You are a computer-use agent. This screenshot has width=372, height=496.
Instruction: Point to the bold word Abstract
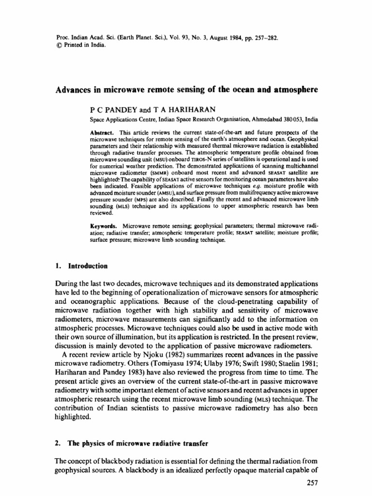[x=100, y=132]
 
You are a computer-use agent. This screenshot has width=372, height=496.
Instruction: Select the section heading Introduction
[x=88, y=266]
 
